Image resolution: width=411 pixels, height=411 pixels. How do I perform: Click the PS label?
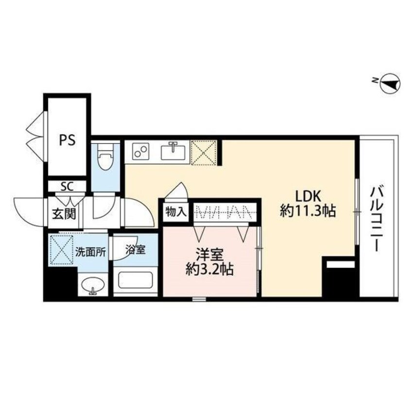[x=68, y=140]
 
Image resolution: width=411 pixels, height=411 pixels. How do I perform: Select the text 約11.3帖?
[x=308, y=211]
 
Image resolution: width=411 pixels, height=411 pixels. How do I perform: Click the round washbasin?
[x=92, y=287]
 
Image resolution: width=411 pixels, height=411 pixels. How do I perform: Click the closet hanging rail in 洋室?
[x=223, y=212]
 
